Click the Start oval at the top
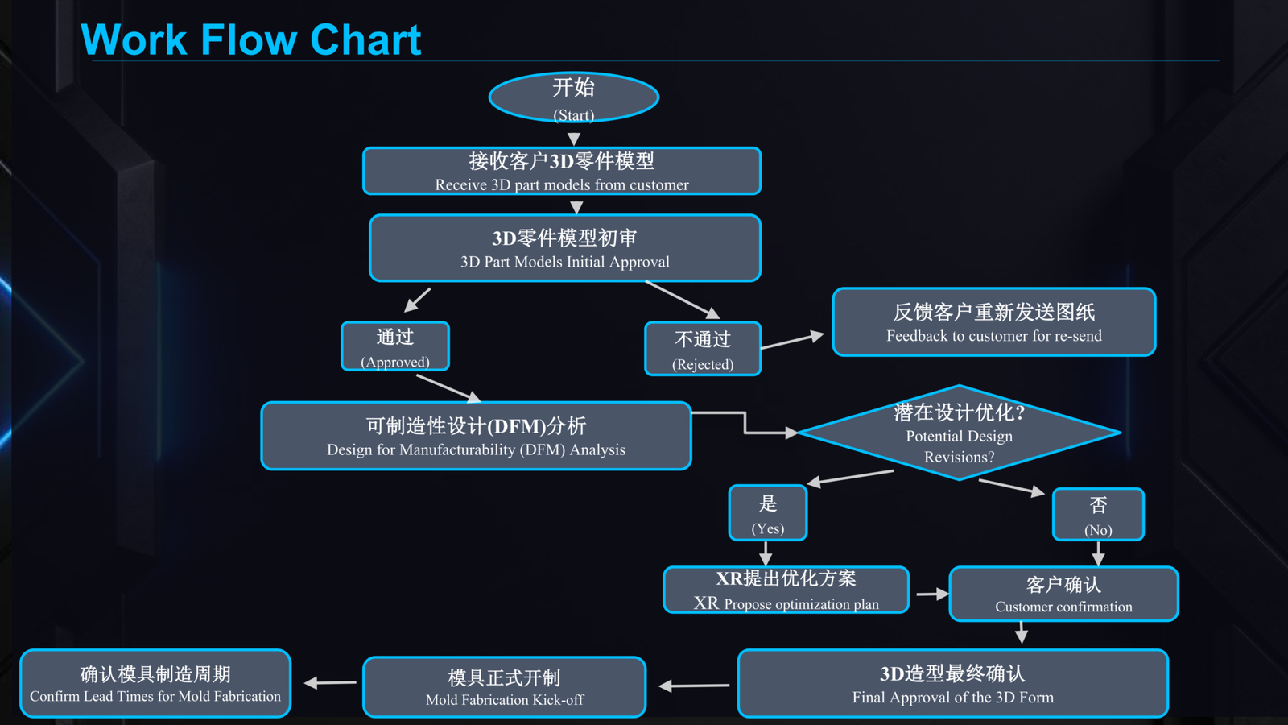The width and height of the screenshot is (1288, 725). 573,97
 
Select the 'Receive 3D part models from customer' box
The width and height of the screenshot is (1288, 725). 562,171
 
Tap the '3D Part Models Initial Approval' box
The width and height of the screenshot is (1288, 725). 565,248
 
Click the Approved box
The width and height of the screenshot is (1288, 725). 395,347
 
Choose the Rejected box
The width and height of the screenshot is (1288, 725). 703,349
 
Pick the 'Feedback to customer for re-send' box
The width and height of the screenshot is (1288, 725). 994,321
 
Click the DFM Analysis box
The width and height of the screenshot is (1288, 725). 476,436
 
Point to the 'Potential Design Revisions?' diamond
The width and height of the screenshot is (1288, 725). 959,433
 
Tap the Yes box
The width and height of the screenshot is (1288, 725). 768,513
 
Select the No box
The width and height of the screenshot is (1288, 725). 1098,515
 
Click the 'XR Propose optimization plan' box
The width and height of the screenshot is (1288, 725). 786,590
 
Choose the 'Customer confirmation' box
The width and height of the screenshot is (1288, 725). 1063,594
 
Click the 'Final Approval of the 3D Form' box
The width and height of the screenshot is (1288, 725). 953,683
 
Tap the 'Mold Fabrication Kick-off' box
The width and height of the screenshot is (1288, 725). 504,687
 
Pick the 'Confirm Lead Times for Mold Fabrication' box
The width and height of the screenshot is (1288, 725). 155,683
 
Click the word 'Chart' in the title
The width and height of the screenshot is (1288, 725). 365,39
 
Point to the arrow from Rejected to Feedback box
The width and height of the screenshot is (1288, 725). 792,340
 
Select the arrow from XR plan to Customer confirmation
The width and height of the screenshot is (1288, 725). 932,594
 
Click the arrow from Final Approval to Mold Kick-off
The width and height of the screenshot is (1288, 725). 694,686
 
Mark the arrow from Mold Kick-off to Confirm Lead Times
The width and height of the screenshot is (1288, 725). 330,683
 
